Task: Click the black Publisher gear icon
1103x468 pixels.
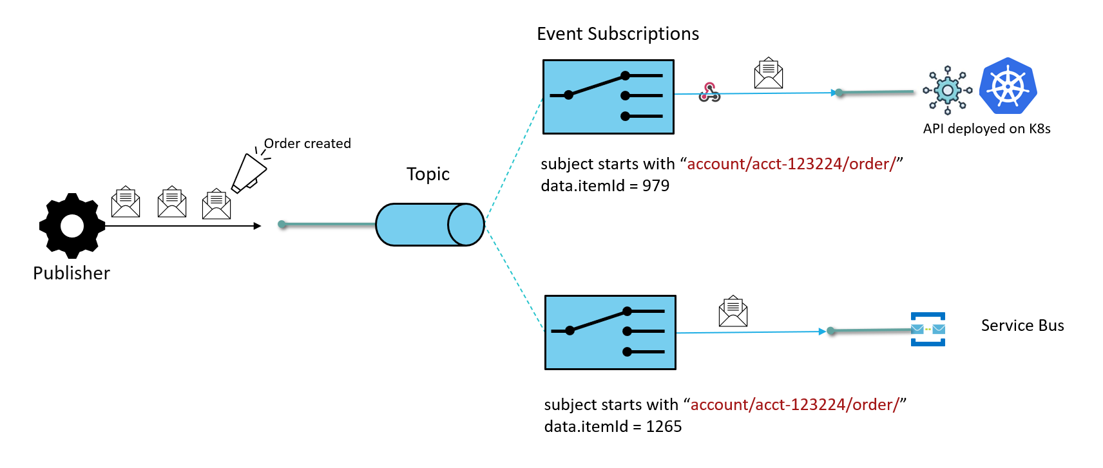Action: point(72,226)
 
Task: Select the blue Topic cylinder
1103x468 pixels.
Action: point(430,225)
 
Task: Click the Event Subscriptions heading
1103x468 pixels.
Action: point(617,34)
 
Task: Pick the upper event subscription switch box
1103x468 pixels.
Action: point(608,97)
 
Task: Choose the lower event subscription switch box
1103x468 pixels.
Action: point(610,332)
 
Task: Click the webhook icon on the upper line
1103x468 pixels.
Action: point(709,93)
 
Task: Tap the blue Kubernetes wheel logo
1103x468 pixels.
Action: point(1008,86)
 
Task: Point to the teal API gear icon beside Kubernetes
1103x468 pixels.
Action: point(947,90)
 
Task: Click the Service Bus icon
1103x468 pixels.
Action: point(928,329)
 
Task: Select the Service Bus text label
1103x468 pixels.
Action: point(1022,326)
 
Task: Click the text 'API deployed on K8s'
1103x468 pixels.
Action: point(986,129)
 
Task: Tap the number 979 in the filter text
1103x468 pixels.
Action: point(656,186)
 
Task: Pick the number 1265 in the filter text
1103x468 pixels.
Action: point(664,427)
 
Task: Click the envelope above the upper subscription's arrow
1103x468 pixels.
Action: point(769,73)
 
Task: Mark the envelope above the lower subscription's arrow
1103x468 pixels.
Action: point(733,312)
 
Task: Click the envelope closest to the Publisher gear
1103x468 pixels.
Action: point(126,202)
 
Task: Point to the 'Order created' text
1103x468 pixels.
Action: point(307,144)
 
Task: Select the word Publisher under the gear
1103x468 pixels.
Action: point(72,274)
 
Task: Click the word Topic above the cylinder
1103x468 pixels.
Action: point(428,174)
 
